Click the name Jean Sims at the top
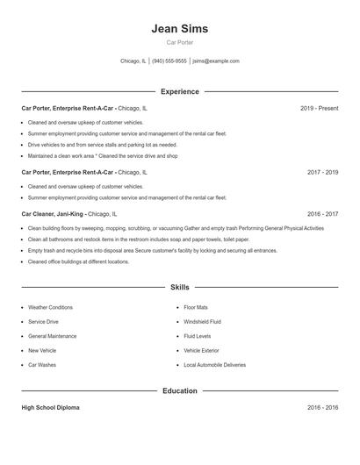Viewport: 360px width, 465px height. point(179,28)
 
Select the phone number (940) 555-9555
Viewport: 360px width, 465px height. point(169,61)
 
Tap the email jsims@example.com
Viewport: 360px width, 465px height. point(216,61)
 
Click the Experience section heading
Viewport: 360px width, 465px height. point(179,91)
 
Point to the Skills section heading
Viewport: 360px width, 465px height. point(179,287)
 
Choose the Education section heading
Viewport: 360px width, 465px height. point(179,390)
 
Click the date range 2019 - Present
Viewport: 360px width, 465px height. point(319,109)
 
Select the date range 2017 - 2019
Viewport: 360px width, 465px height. point(322,173)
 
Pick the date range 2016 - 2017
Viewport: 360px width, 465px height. point(322,214)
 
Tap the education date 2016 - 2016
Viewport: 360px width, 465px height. point(322,408)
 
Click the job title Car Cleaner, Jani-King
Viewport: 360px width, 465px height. point(53,214)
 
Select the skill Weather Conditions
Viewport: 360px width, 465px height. point(50,308)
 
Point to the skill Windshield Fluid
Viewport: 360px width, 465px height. point(202,322)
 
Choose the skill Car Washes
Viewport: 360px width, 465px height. point(41,364)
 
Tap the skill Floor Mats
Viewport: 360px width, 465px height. point(196,308)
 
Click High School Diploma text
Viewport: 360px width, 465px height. point(50,408)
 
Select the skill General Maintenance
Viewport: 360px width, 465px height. point(52,336)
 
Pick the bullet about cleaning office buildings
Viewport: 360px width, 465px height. point(78,261)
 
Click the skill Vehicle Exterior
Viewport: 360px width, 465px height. point(201,350)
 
